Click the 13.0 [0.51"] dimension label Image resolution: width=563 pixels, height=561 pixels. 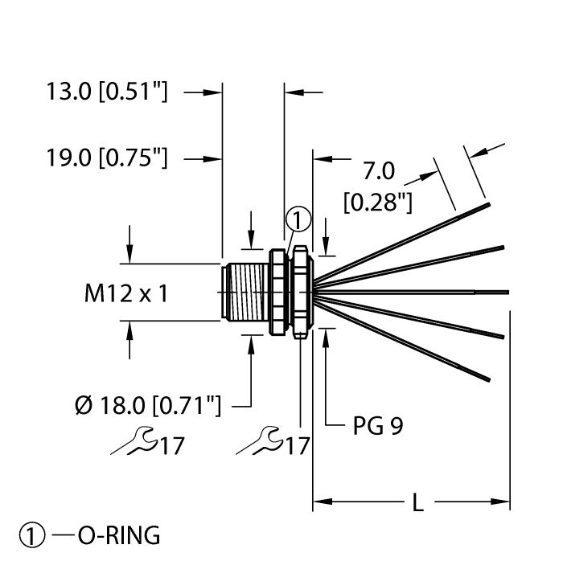coord(106,93)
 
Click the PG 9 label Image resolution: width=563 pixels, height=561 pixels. coord(378,425)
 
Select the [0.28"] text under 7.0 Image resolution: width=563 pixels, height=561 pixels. coord(377,202)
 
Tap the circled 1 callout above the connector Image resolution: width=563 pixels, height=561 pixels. coord(297,218)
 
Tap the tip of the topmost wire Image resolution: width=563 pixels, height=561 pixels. coord(487,205)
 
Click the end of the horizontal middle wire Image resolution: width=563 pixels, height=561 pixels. coord(507,291)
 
